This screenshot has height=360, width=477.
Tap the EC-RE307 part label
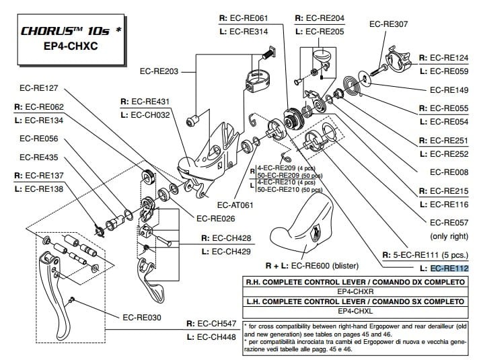click(389, 24)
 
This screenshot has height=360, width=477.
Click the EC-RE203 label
click(159, 69)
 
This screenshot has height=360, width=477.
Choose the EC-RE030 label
click(143, 316)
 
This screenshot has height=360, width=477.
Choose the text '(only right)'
click(449, 236)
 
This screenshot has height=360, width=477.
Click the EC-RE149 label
click(449, 89)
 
